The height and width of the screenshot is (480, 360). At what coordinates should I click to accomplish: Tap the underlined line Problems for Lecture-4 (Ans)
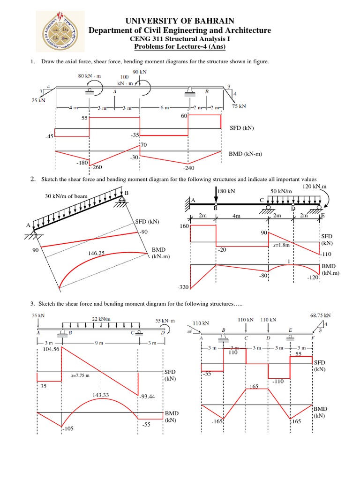tap(180, 47)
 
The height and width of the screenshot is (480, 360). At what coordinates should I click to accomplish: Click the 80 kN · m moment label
tap(90, 75)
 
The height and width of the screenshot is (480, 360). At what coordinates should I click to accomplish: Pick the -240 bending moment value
tap(189, 167)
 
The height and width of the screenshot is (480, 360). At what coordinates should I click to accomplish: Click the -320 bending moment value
tap(183, 287)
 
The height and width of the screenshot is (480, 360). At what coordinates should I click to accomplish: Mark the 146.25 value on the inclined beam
tap(96, 253)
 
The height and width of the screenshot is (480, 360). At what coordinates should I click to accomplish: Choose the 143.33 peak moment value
tap(101, 395)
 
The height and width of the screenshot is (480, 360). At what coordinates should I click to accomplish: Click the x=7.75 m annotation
tap(81, 375)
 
